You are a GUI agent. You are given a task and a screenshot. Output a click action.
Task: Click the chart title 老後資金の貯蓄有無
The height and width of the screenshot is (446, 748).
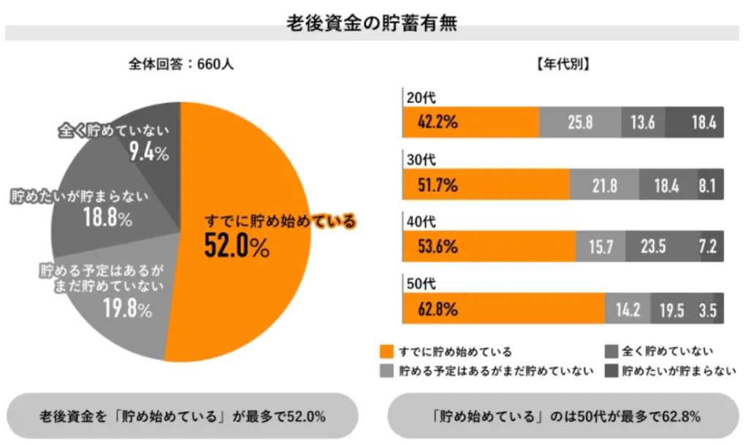click(373, 21)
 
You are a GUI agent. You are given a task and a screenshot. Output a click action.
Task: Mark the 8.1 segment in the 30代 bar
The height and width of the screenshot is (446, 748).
click(706, 186)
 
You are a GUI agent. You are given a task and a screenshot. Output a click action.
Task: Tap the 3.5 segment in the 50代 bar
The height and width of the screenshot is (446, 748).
click(706, 309)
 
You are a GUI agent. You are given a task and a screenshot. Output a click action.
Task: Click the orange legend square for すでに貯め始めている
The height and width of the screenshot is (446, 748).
click(388, 352)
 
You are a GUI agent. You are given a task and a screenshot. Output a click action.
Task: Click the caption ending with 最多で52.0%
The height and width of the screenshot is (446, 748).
click(182, 417)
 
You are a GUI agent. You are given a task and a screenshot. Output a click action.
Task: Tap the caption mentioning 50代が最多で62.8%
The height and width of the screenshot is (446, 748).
click(566, 417)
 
